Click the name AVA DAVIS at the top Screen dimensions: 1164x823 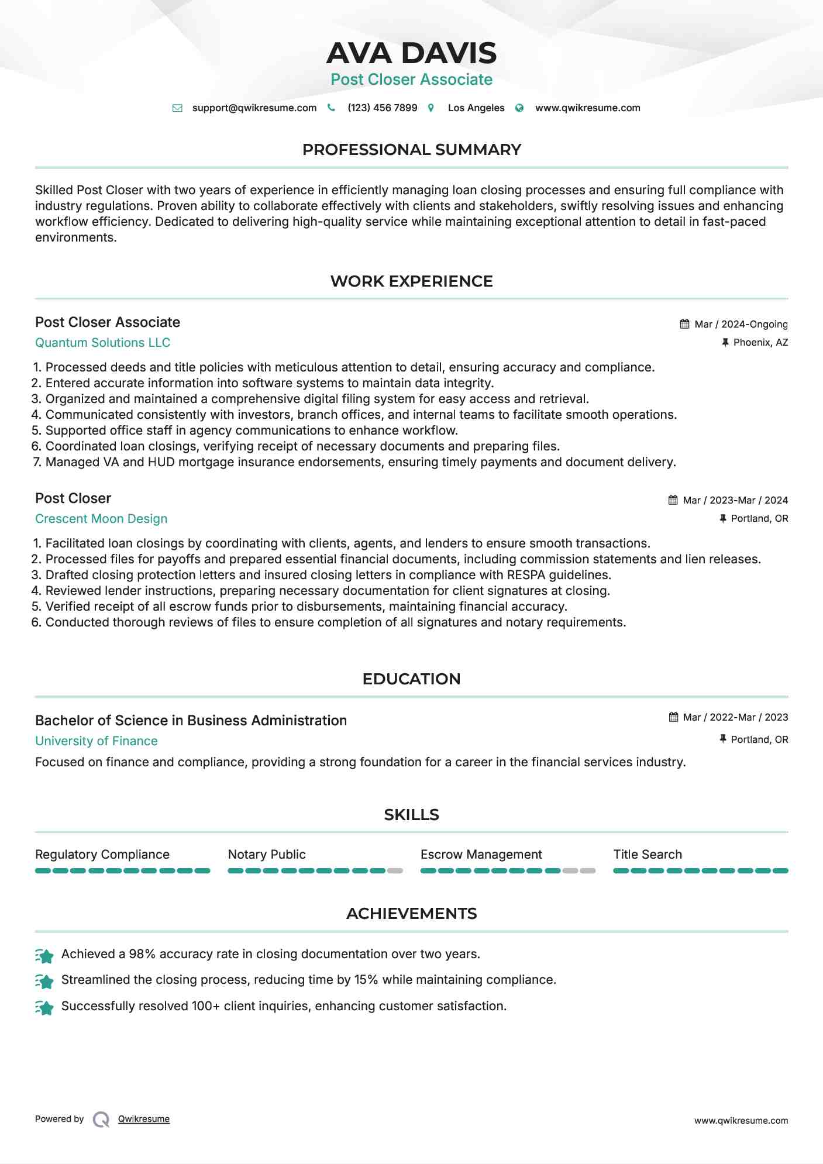(411, 53)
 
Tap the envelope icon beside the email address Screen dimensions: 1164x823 (177, 108)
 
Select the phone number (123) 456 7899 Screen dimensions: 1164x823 (382, 108)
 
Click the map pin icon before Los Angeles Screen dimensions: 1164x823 (431, 108)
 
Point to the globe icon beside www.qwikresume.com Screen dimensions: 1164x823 (519, 108)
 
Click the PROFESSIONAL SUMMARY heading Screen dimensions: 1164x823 (411, 150)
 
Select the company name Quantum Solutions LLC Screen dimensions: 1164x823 (102, 343)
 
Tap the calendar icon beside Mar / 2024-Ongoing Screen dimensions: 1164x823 (684, 324)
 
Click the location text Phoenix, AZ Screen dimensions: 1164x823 (760, 343)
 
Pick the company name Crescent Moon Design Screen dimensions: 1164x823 (101, 519)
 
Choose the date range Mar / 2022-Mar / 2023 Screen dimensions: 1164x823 (735, 718)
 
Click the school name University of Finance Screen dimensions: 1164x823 (97, 741)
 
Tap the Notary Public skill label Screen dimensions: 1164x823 (267, 855)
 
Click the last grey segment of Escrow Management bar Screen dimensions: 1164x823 (587, 871)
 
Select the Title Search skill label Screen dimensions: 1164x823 (648, 855)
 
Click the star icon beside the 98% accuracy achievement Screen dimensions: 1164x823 (44, 955)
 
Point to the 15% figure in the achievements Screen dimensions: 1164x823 (366, 980)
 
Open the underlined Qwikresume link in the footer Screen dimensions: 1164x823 (144, 1119)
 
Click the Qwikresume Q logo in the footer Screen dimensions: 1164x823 (101, 1120)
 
